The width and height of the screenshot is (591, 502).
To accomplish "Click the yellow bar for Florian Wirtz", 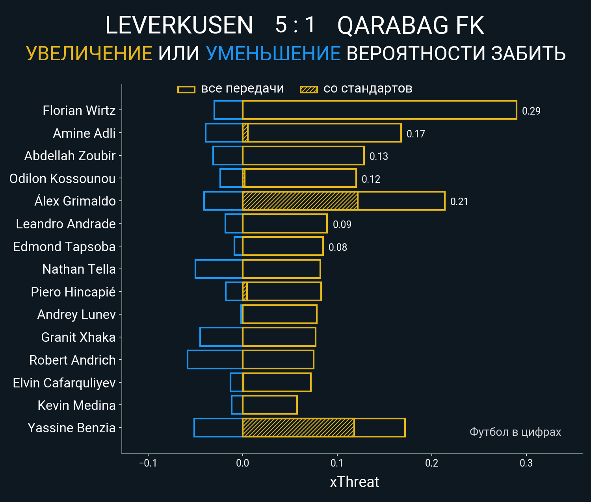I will point(379,110).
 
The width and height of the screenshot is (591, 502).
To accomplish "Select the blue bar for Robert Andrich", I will point(215,359).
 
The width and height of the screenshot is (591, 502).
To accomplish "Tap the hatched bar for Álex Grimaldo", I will point(300,201).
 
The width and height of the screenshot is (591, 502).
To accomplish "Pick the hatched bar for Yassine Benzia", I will point(298,428).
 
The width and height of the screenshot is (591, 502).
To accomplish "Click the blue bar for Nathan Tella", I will point(219,269).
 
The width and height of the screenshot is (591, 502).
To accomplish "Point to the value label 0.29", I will point(531,111).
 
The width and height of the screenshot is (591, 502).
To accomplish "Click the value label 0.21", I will point(459,202).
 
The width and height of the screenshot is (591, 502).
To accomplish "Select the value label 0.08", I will point(338,247).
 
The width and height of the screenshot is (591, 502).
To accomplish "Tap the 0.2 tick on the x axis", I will point(431,463).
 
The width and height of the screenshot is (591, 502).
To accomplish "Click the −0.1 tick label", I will point(148,463).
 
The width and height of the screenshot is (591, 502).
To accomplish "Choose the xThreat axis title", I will point(354,482).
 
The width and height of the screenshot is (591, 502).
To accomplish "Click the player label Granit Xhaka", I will point(78,337).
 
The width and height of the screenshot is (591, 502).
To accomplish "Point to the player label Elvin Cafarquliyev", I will point(64,383).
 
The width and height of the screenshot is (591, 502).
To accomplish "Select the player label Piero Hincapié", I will point(73,292).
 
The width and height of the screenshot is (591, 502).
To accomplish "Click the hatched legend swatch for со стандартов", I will point(309,89).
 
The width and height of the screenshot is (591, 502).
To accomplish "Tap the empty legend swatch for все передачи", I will point(186,89).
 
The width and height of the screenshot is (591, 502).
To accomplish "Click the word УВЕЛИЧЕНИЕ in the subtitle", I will point(89,54).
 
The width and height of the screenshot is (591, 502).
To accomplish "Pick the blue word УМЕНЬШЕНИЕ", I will point(273,54).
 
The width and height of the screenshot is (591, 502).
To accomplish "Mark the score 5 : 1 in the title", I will point(295,25).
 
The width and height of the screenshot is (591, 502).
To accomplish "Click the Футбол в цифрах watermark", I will point(515,432).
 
